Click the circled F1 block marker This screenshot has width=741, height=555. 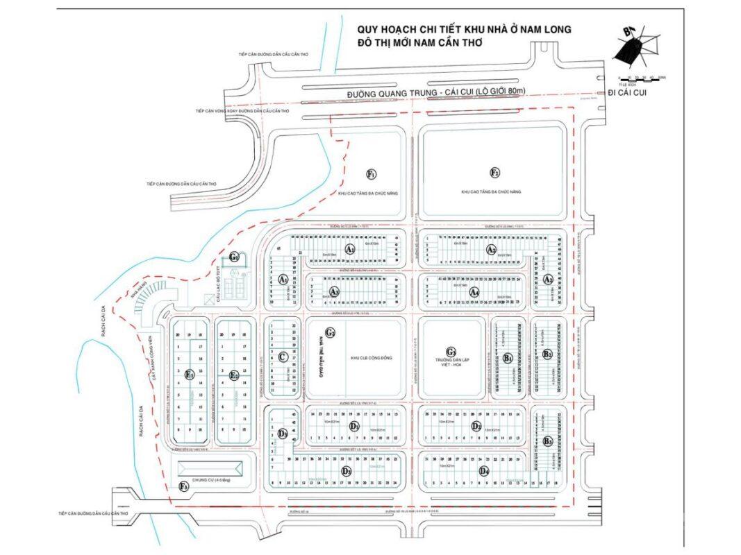click(x=372, y=173)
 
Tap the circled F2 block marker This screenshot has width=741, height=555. click(x=495, y=172)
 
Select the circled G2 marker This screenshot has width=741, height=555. click(x=331, y=333)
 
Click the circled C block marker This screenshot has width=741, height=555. click(x=282, y=357)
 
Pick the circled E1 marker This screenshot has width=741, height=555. click(x=189, y=374)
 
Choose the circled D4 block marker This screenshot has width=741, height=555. click(x=484, y=472)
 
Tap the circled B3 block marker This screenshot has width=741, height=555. click(x=548, y=441)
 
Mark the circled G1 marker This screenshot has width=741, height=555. click(x=235, y=257)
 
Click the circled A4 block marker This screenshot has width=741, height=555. click(x=474, y=292)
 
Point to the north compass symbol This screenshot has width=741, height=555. click(x=637, y=45)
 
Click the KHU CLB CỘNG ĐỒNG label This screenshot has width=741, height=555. click(x=369, y=358)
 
